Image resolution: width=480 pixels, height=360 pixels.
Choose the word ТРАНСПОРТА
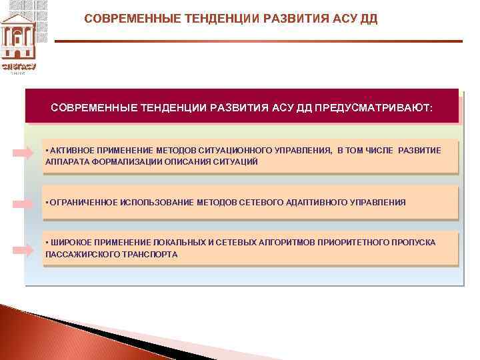pos(148,255)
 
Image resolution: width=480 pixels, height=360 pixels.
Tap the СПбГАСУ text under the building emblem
pos(19,67)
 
